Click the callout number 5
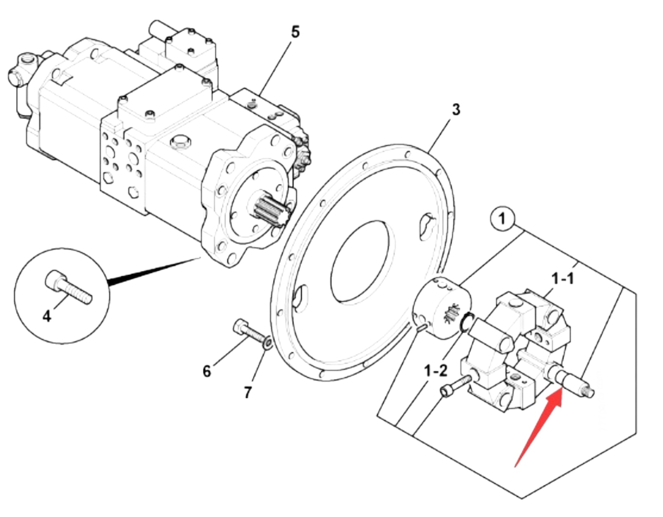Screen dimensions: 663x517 295,32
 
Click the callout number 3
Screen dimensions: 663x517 456,110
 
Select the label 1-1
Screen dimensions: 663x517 563,278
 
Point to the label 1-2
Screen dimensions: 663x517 436,371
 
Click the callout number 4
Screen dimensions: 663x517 47,316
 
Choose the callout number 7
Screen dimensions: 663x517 248,392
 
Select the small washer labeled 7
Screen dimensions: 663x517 268,344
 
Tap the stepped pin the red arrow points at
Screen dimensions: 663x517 569,381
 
